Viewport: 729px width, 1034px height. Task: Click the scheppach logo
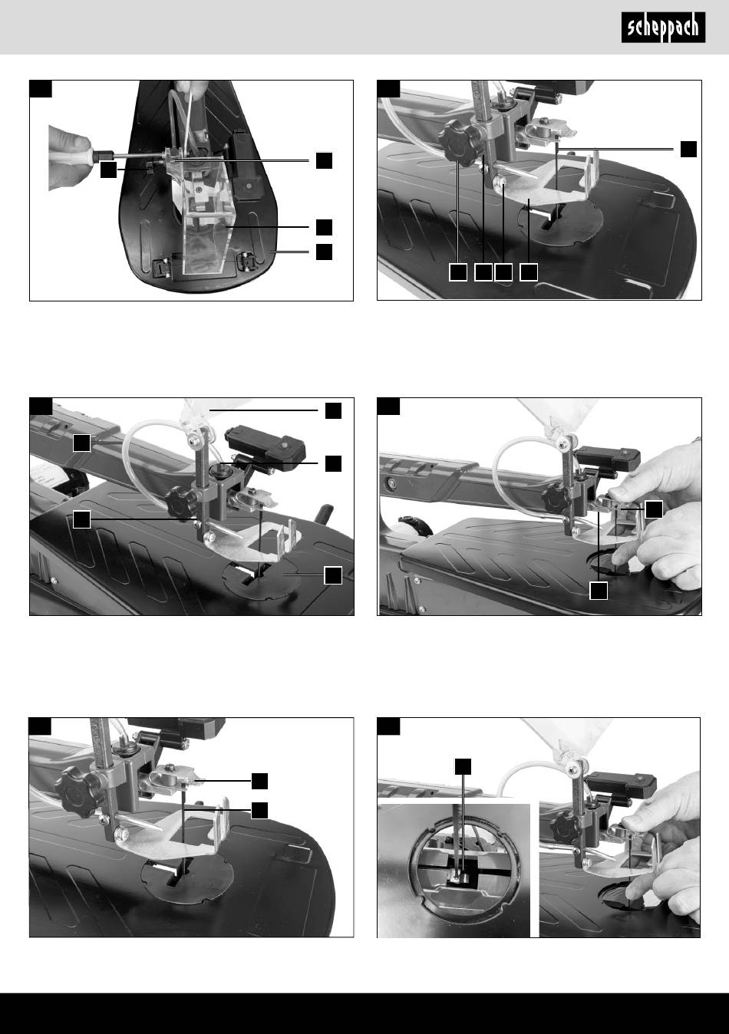(x=663, y=28)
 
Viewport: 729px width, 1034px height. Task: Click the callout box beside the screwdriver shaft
(x=108, y=170)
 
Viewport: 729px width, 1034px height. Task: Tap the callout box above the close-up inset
(x=463, y=766)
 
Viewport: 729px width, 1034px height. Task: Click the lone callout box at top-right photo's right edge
(x=688, y=149)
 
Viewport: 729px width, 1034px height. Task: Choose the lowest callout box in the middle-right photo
(x=599, y=591)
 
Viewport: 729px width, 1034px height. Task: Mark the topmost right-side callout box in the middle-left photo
(x=333, y=410)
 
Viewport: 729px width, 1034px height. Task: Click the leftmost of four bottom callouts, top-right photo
(x=458, y=272)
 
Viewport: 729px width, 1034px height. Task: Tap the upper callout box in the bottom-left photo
(x=259, y=781)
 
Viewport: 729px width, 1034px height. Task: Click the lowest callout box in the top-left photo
(x=324, y=252)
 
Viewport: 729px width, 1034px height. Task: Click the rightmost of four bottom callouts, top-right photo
(x=529, y=272)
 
